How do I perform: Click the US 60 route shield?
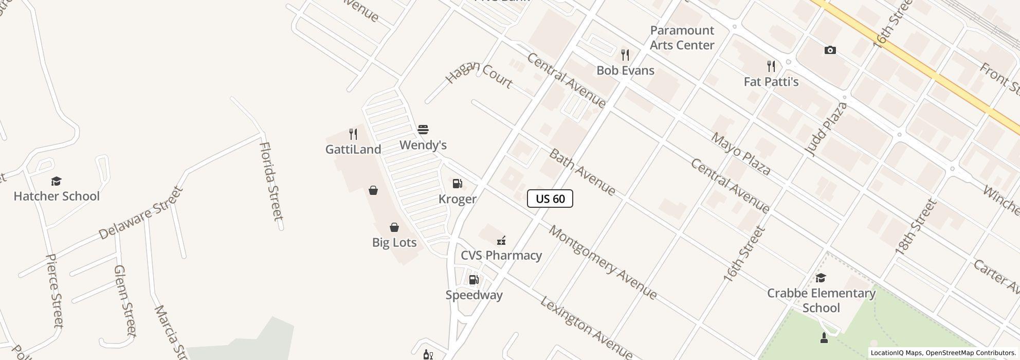point(550,199)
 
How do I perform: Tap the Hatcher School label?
point(57,196)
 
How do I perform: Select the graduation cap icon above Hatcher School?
point(56,181)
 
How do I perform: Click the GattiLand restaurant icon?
point(353,134)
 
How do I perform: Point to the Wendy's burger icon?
point(423,130)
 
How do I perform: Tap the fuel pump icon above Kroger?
point(457,184)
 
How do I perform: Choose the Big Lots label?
point(394,242)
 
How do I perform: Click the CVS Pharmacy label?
point(501,255)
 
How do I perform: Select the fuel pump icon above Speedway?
point(473,280)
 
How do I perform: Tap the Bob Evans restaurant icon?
point(625,55)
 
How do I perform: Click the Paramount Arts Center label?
point(682,38)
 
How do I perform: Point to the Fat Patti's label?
point(771,82)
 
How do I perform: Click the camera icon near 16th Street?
point(830,50)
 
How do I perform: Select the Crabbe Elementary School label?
point(821,300)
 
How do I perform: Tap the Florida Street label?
point(271,181)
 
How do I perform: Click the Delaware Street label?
point(141,212)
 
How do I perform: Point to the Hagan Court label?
point(479,74)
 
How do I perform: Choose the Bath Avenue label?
point(582,172)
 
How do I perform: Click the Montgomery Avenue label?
point(603,262)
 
